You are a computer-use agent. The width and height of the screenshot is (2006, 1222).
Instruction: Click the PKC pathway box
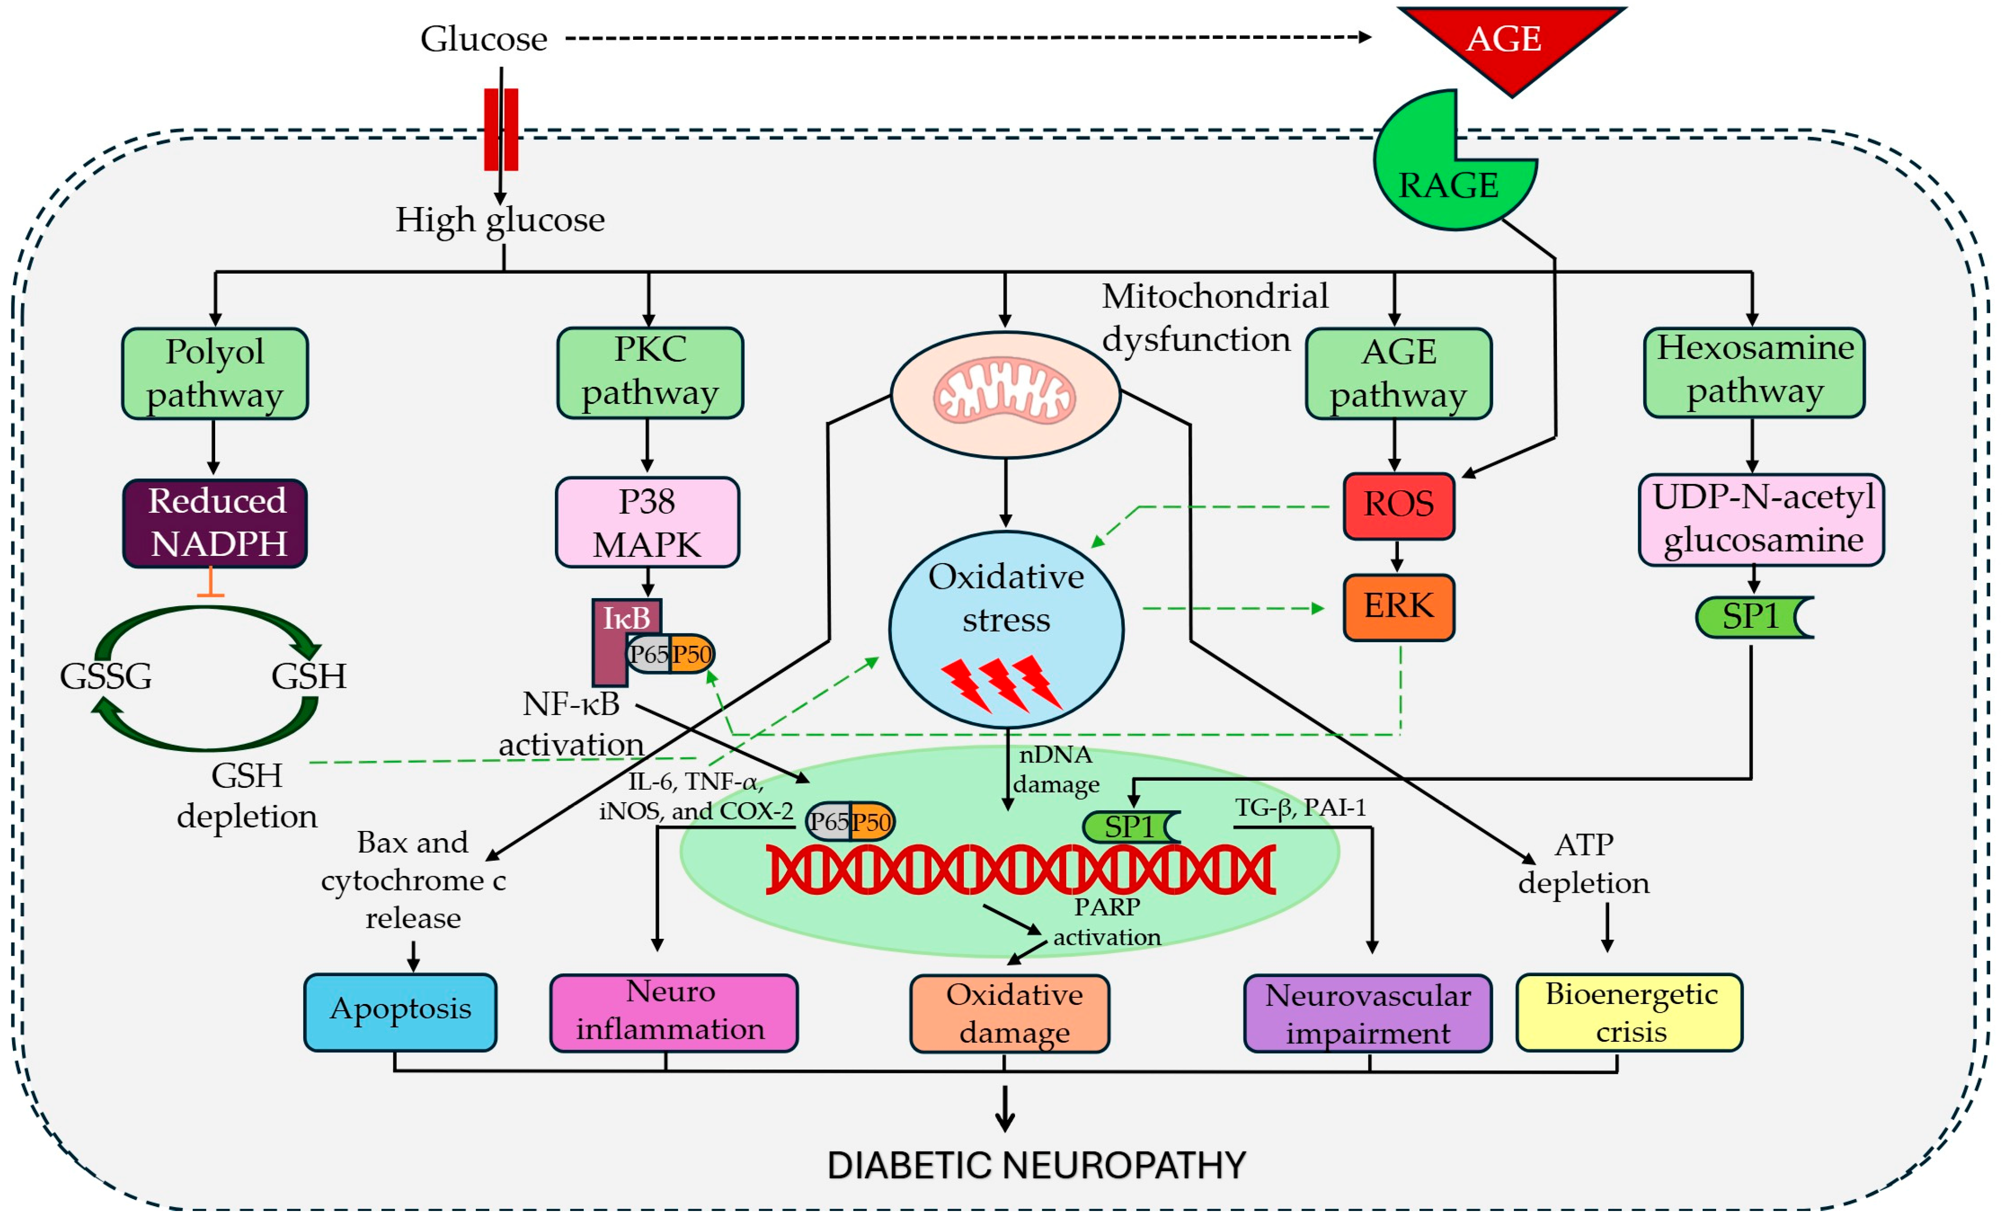(650, 373)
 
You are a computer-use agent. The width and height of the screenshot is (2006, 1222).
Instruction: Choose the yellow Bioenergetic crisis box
(1629, 1012)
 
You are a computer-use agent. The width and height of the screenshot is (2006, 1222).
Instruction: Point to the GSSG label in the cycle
(106, 676)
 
